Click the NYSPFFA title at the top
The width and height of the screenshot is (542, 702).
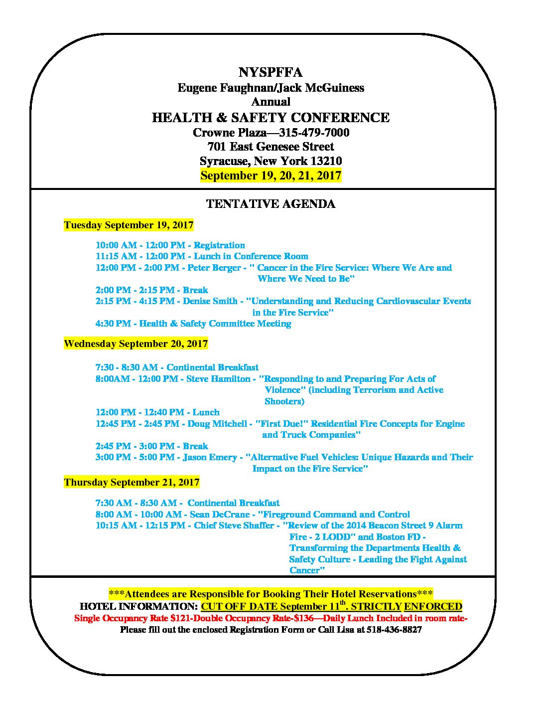point(271,72)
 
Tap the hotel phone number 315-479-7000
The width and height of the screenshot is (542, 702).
point(314,133)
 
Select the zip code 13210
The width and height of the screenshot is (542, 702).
point(326,161)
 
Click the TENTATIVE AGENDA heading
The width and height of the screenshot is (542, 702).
point(271,204)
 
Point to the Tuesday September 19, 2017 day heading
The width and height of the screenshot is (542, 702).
point(129,225)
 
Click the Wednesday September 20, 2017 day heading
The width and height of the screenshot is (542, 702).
point(135,344)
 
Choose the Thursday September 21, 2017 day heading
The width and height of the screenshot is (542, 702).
point(132,483)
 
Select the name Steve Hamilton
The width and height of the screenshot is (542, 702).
point(218,379)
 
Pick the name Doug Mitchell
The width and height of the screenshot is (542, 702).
point(217,424)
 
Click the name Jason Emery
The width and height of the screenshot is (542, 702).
point(210,457)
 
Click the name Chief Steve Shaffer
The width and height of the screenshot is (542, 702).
point(234,526)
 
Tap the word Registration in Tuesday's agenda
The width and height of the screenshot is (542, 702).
point(219,245)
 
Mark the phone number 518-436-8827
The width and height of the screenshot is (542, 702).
point(394,630)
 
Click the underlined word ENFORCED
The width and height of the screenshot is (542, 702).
point(433,607)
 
